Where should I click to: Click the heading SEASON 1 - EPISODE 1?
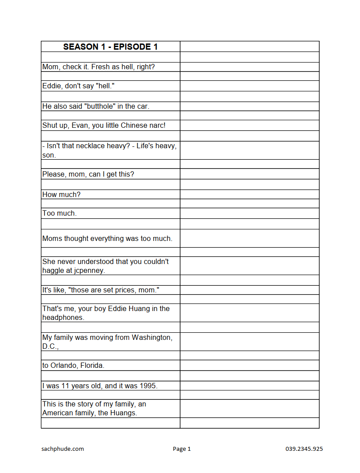(x=111, y=47)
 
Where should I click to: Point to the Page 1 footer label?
(x=182, y=449)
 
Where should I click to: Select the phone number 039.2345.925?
(x=304, y=449)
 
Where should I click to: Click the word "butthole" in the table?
(x=100, y=106)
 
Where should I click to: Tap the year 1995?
(x=148, y=386)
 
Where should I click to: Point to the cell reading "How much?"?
(x=61, y=194)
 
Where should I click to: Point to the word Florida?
(x=92, y=366)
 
